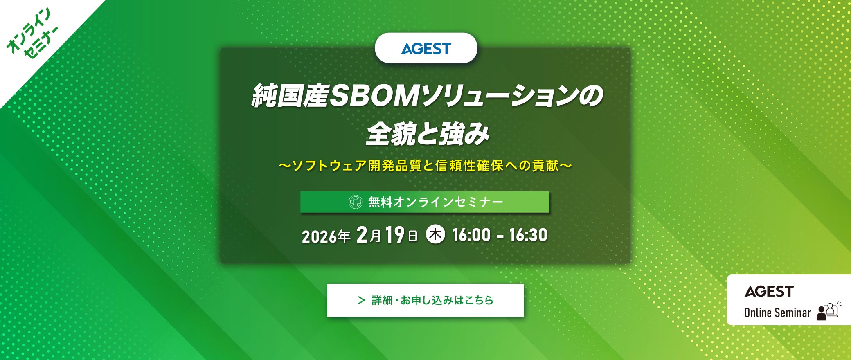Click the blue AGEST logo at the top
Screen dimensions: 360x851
[x=426, y=49]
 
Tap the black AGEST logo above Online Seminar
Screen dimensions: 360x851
[x=769, y=291]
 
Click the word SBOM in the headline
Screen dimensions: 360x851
[x=374, y=96]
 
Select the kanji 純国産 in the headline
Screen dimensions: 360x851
[x=290, y=96]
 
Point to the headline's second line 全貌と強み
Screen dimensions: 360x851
[x=427, y=134]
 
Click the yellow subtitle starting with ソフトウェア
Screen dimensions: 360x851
[x=425, y=166]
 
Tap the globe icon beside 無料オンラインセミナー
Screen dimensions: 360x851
[x=355, y=202]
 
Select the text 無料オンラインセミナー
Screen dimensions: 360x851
[x=436, y=202]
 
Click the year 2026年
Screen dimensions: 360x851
[x=326, y=236]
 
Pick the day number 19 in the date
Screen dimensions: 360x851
[x=395, y=235]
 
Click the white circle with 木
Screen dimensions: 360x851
[x=435, y=235]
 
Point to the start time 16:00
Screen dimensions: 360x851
[x=471, y=235]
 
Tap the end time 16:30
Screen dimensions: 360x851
[x=528, y=235]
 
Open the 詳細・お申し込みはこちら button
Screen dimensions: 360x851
[x=425, y=300]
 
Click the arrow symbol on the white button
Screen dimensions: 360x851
[x=361, y=300]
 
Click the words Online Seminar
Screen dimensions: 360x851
[x=777, y=313]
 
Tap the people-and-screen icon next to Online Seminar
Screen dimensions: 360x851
[x=828, y=311]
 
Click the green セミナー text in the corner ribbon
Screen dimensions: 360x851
[x=41, y=44]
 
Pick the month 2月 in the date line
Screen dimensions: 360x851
[x=369, y=235]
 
